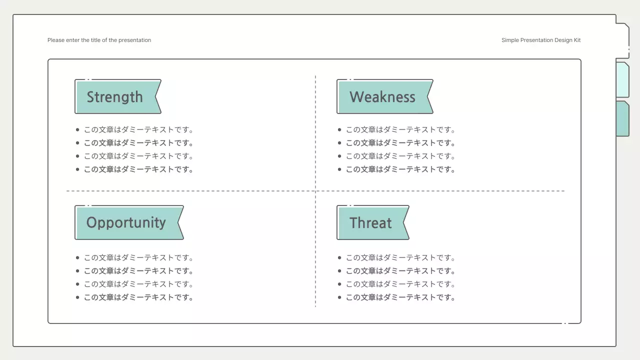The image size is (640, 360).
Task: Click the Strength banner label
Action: pos(118,96)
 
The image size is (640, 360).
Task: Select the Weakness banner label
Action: pos(385,96)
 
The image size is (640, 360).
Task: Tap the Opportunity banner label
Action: pos(129,222)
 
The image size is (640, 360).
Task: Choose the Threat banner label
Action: pos(373,222)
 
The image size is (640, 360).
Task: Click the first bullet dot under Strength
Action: pos(77,129)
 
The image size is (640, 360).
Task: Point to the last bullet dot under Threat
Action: pos(339,297)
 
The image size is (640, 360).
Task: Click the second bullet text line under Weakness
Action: pos(400,143)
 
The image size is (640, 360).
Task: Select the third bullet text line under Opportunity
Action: pos(138,284)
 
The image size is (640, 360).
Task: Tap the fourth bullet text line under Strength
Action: pos(138,169)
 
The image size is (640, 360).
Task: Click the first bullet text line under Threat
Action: pos(400,257)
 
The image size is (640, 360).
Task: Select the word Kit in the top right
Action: pos(577,40)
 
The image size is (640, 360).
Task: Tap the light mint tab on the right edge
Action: pos(623,79)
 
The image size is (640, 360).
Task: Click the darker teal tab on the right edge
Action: pos(623,118)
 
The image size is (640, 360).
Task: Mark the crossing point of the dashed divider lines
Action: pos(315,191)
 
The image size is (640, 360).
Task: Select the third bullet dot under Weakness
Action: pos(339,156)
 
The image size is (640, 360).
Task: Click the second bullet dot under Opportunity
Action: pos(77,271)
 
